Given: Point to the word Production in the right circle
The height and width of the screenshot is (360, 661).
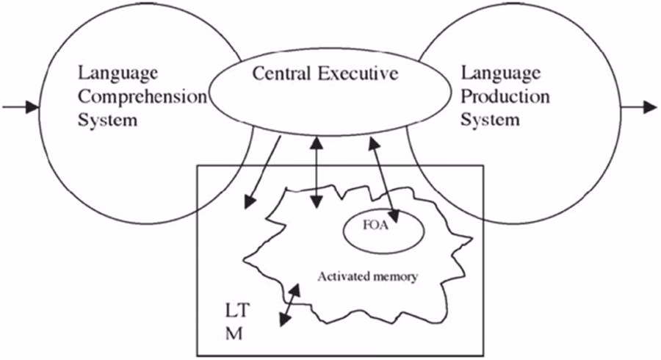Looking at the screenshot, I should [x=505, y=96].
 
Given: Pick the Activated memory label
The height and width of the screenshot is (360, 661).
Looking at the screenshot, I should [x=367, y=277].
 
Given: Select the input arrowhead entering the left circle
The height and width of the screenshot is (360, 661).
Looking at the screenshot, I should [x=31, y=107].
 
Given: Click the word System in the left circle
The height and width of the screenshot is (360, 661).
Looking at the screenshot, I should [x=108, y=119].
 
